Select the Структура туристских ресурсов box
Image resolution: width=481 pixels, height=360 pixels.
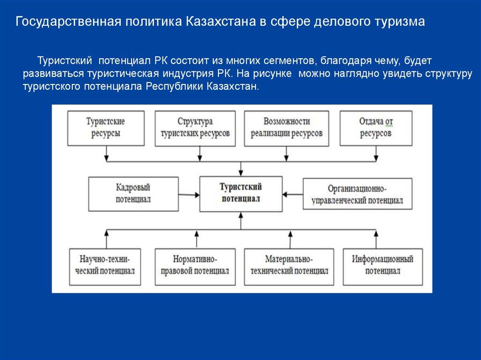click(x=195, y=128)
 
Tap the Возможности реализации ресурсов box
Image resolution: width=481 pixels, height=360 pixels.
click(x=286, y=128)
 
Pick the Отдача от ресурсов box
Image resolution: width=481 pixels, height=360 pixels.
click(x=376, y=128)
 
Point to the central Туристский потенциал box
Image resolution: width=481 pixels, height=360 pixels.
click(x=241, y=193)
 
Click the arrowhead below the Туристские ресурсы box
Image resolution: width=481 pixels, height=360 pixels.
click(x=107, y=156)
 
